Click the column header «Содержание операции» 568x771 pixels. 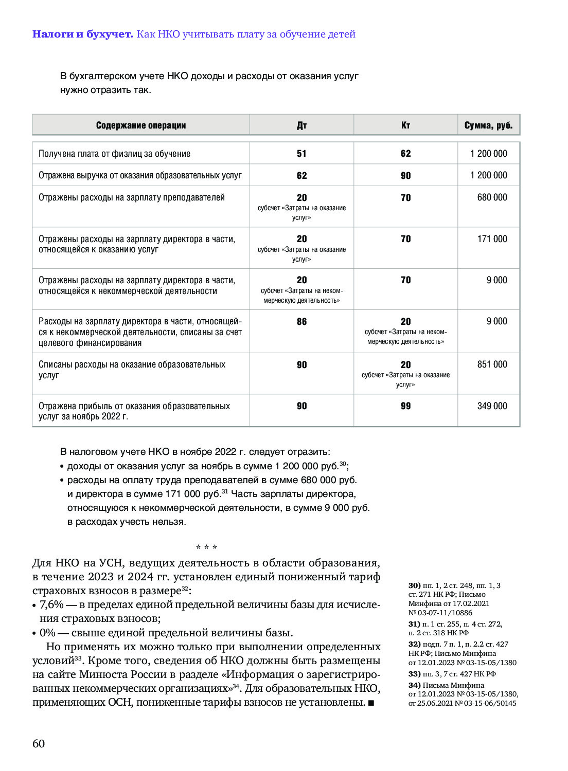pos(141,125)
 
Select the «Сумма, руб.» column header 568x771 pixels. pos(488,125)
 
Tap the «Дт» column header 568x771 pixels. pos(301,125)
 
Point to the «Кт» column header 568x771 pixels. pos(405,125)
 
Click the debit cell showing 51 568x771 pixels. pos(301,154)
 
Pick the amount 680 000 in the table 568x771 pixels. pos(492,197)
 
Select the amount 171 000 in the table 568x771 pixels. pos(492,239)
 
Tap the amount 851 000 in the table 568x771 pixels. pos(492,364)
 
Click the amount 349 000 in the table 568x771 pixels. pos(492,406)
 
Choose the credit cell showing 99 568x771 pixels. pos(405,406)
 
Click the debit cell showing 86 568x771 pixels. pos(301,322)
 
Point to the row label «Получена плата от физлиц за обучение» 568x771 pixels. pos(114,154)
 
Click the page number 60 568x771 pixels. pos(39,744)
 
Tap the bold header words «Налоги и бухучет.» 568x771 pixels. pos(82,34)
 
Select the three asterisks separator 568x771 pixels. pos(206,547)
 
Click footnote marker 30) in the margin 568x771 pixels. pos(414,585)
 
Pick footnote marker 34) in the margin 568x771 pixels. pos(414,685)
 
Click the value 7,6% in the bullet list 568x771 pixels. pos(51,604)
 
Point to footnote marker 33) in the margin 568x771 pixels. pos(414,674)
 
